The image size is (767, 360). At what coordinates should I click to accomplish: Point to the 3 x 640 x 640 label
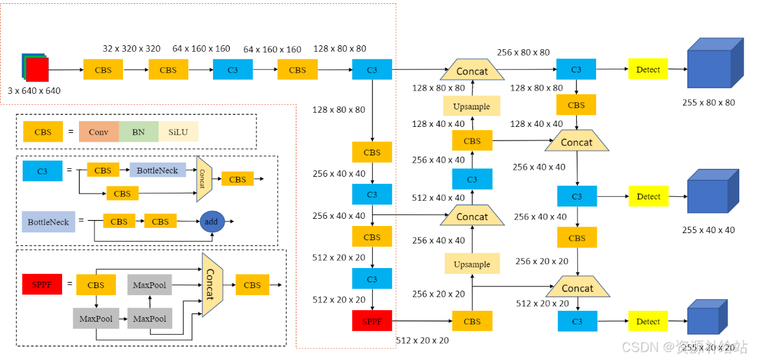pyautogui.click(x=34, y=91)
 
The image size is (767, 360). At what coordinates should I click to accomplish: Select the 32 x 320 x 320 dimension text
pyautogui.click(x=131, y=49)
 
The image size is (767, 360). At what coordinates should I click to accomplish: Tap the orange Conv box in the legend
pyautogui.click(x=98, y=132)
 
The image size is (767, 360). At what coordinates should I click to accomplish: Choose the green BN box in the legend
pyautogui.click(x=139, y=132)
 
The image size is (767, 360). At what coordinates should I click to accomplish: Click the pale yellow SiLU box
pyautogui.click(x=179, y=132)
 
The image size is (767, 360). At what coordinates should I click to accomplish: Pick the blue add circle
pyautogui.click(x=212, y=221)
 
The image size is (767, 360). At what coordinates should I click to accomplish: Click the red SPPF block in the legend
pyautogui.click(x=42, y=285)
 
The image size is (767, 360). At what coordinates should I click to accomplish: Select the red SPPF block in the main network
pyautogui.click(x=372, y=321)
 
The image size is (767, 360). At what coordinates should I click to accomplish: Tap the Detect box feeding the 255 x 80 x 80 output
pyautogui.click(x=648, y=69)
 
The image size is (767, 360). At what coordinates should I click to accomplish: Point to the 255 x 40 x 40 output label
pyautogui.click(x=708, y=230)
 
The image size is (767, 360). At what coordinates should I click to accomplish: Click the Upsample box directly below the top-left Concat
pyautogui.click(x=471, y=106)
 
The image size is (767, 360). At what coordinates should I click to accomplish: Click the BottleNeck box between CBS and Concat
pyautogui.click(x=157, y=171)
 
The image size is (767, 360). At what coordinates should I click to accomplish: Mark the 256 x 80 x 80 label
pyautogui.click(x=523, y=52)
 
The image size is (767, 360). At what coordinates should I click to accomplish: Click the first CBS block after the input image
pyautogui.click(x=103, y=70)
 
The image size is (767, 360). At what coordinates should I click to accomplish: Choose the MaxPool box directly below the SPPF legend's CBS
pyautogui.click(x=96, y=319)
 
